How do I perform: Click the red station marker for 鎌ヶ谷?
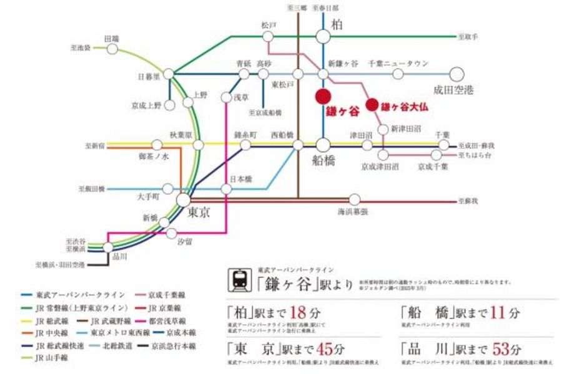[323, 97]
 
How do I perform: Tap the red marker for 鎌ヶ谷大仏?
[372, 105]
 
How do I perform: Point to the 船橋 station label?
[324, 160]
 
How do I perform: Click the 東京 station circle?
[184, 200]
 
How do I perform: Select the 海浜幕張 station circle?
[355, 199]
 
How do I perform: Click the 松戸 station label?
[269, 26]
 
